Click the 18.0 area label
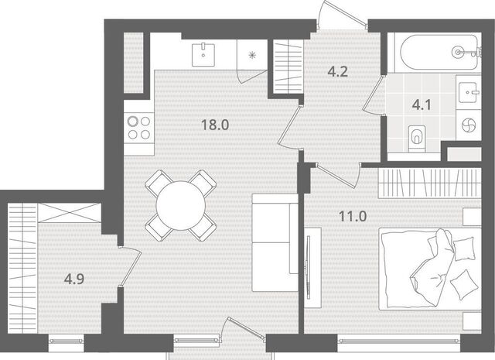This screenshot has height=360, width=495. click(x=215, y=125)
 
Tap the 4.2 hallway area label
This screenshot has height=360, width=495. click(x=337, y=72)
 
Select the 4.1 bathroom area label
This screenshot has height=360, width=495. click(x=422, y=105)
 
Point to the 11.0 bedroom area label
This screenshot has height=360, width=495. click(x=353, y=217)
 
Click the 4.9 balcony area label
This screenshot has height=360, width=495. click(x=74, y=279)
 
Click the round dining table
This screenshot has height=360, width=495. click(x=181, y=205)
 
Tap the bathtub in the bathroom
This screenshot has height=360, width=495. click(x=439, y=52)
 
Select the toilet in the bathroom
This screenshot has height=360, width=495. click(x=416, y=138)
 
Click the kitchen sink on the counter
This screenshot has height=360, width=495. click(x=203, y=54)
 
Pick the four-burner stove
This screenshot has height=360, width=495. click(x=139, y=128)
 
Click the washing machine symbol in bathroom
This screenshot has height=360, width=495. click(x=469, y=125)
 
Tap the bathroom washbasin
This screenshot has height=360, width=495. click(x=469, y=92)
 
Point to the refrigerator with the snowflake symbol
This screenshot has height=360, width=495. click(x=252, y=55)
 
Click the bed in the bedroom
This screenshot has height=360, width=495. click(x=430, y=269)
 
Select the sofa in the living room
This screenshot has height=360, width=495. click(x=275, y=243)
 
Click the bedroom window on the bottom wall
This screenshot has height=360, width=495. click(x=399, y=341)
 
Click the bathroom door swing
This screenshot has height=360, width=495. click(x=374, y=95)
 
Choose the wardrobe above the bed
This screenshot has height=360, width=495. click(x=430, y=183)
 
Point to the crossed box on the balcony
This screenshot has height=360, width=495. click(x=70, y=212)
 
